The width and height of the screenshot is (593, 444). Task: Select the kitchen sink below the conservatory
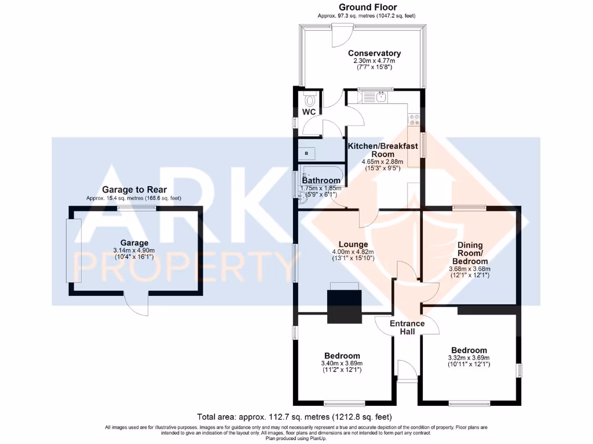pos(380,97)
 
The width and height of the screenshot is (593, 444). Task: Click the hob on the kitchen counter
pos(415,120)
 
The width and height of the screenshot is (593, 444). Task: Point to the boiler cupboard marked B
pos(306,153)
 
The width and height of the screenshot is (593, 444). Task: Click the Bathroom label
pos(321,180)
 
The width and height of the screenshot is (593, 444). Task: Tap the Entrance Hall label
pos(407,327)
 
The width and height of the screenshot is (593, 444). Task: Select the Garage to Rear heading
pos(134,190)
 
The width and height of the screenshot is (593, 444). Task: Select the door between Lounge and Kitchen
pos(367,217)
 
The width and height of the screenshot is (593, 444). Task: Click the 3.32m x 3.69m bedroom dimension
pos(469,358)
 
